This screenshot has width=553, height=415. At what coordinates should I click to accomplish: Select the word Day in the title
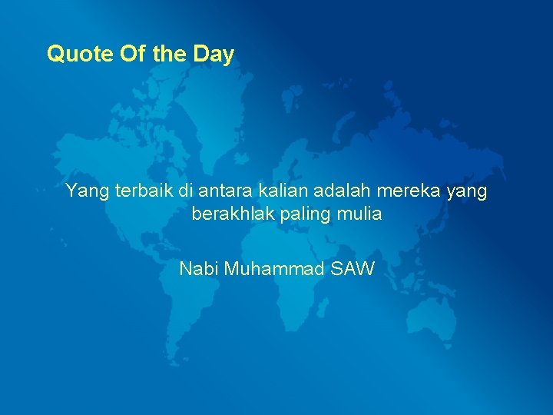tap(214, 55)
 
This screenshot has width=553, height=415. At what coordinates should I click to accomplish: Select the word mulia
tap(359, 214)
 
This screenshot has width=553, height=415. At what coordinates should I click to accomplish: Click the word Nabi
tap(197, 269)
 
